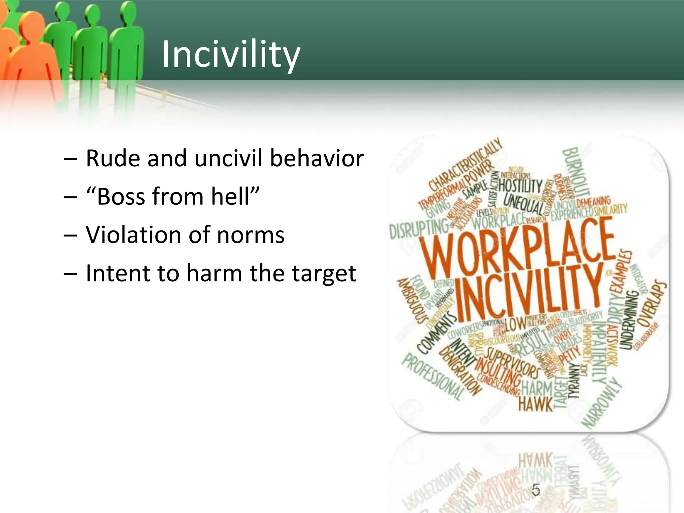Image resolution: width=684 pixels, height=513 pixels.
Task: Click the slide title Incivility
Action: (x=231, y=54)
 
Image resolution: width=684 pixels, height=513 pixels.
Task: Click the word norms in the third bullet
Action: (x=250, y=235)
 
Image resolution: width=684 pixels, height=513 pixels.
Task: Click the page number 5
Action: (x=536, y=490)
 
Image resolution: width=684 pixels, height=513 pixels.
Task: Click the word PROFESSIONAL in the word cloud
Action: (x=431, y=377)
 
